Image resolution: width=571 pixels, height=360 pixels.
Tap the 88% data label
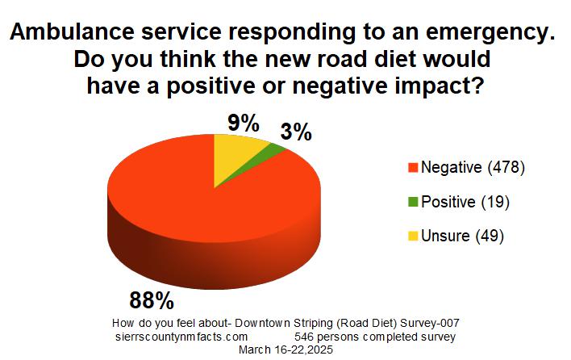152,300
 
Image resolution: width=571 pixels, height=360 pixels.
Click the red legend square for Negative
413,169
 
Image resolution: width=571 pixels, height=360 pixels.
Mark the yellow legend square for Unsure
413,237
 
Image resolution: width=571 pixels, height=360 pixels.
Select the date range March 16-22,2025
286,350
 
